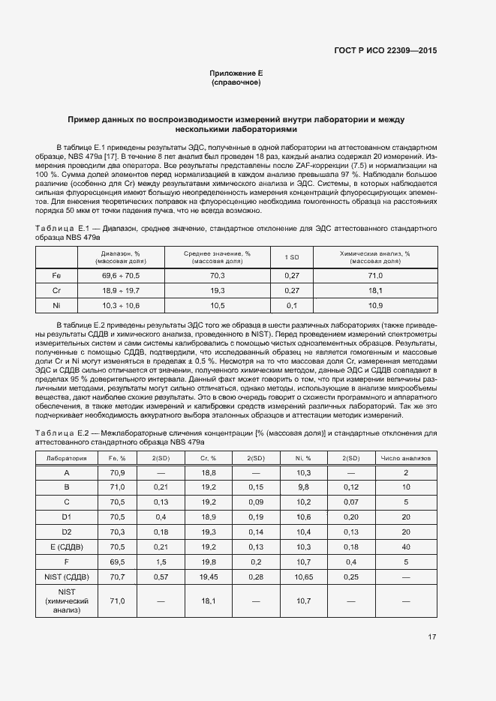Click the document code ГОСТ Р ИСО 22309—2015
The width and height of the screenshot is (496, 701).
click(x=385, y=50)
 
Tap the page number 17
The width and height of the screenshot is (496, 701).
click(x=431, y=637)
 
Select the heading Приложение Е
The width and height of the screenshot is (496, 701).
click(x=236, y=73)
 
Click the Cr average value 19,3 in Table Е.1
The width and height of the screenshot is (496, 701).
click(x=217, y=290)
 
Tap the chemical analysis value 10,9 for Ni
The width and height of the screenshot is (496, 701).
click(x=375, y=305)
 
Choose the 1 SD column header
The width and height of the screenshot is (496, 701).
click(x=292, y=257)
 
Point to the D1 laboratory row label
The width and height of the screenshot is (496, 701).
click(x=67, y=517)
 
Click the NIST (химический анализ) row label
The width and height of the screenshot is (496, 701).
click(x=67, y=601)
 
